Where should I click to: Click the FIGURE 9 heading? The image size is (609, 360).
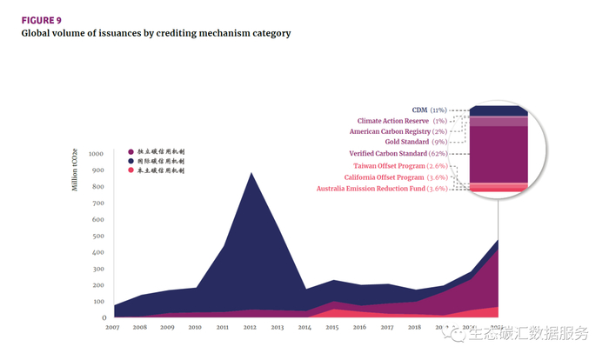coord(41,18)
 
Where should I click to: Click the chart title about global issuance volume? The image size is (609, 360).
coord(156,33)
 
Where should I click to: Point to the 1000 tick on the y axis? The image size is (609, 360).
coord(96,154)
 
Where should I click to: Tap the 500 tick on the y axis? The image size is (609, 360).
coord(97,236)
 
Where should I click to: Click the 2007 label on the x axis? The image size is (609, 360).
coord(113,328)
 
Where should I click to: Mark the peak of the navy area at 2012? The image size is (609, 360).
coord(251,173)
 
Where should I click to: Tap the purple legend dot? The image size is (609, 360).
coord(130,151)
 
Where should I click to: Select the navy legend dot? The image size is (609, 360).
coord(130,161)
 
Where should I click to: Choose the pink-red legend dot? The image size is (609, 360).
coord(130,170)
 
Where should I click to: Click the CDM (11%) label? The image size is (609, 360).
coord(429,110)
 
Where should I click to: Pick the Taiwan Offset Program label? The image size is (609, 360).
coord(400,165)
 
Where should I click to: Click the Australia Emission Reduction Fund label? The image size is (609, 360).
coord(382,188)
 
